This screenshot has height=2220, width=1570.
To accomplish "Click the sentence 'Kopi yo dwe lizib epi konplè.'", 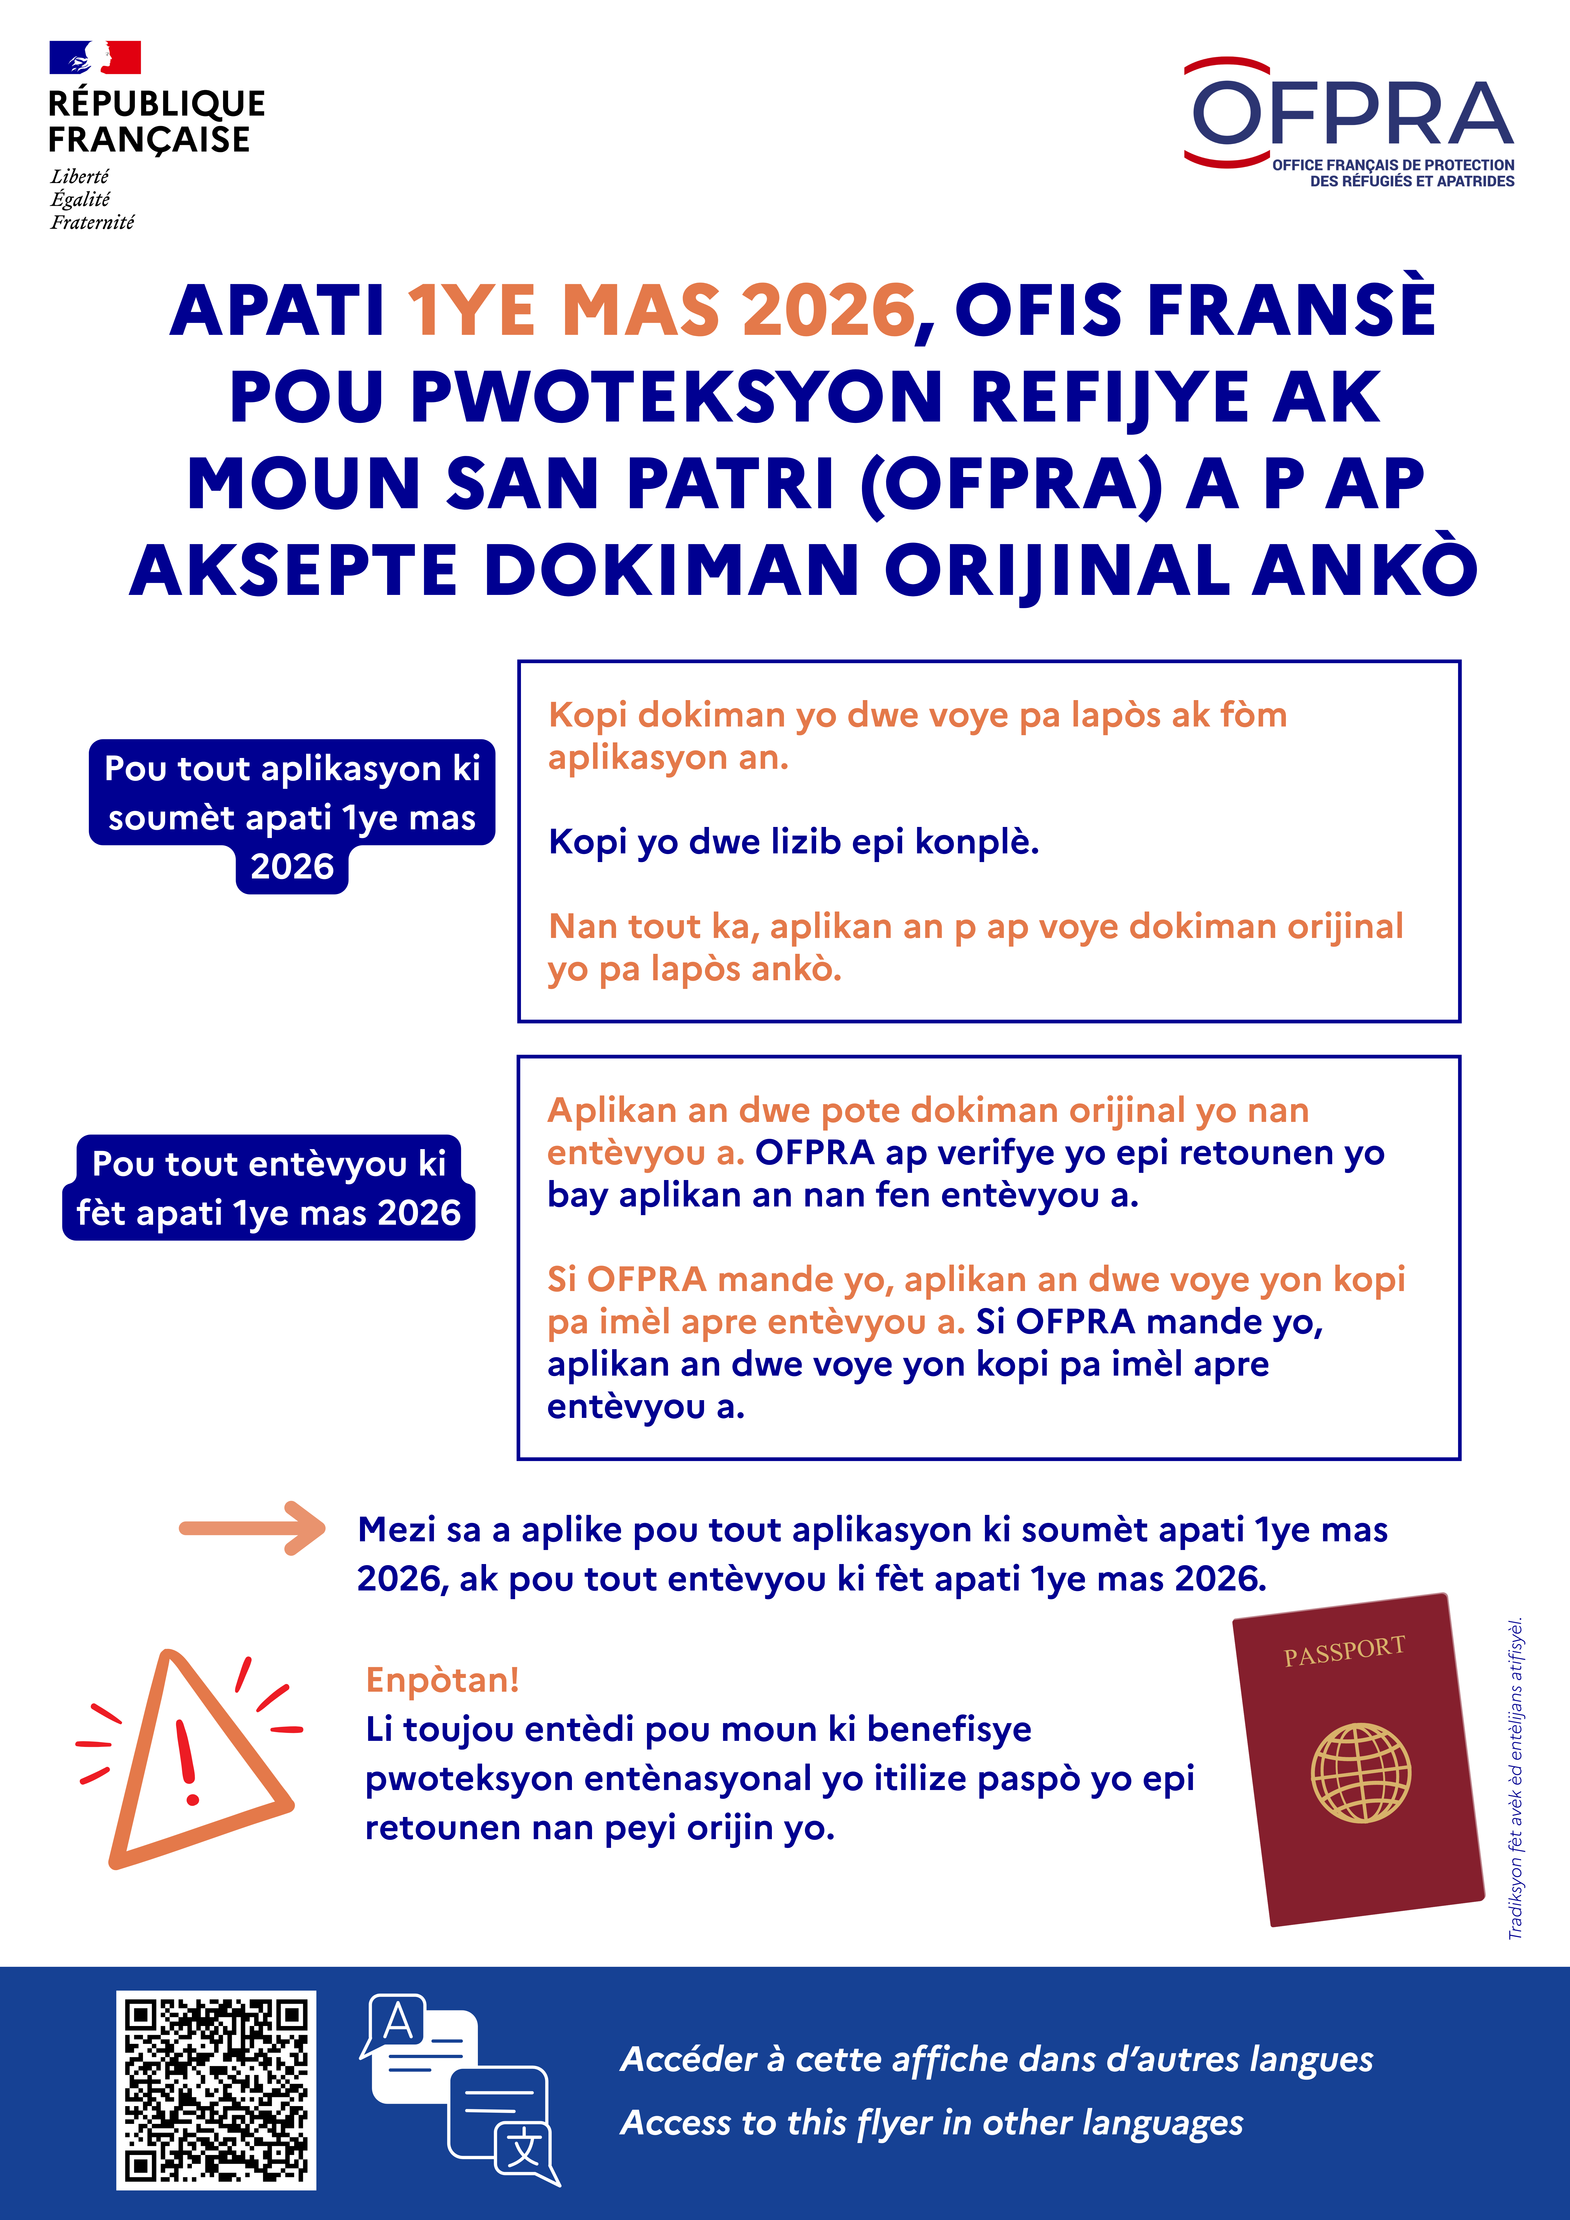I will click(x=793, y=841).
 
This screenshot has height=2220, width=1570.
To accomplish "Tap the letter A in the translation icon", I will click(x=398, y=2023).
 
